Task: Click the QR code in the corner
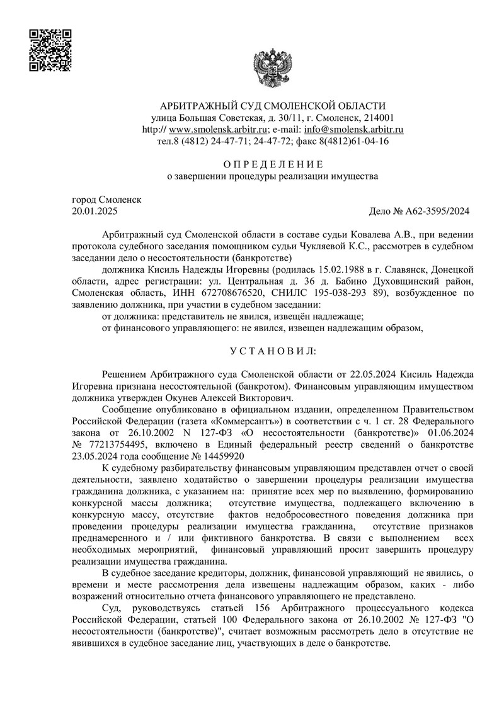click(x=50, y=50)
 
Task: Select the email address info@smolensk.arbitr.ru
click(x=353, y=129)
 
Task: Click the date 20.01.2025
click(x=95, y=211)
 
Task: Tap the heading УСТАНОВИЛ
click(x=272, y=349)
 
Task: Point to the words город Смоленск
click(x=107, y=200)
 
